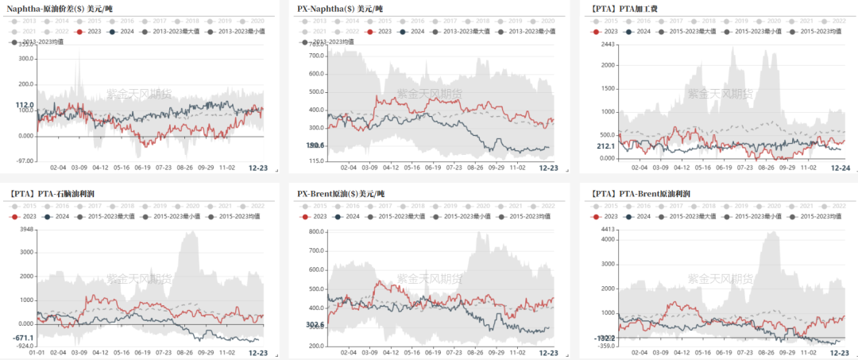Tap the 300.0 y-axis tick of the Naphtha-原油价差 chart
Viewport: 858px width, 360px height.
click(x=25, y=58)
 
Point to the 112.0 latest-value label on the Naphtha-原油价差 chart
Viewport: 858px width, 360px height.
click(x=24, y=105)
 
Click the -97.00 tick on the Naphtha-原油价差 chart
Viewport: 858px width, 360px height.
click(x=24, y=161)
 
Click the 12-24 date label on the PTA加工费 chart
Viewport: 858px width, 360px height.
click(x=841, y=168)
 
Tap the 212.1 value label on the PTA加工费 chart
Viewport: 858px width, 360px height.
click(x=605, y=146)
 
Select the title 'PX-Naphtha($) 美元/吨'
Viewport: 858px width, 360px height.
click(x=340, y=8)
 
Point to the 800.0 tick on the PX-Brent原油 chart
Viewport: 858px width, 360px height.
click(x=314, y=232)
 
